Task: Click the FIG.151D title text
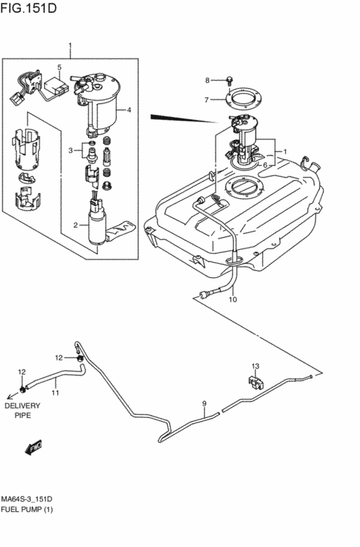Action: coord(29,8)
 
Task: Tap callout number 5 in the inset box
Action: coord(59,67)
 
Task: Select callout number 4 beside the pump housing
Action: coord(129,110)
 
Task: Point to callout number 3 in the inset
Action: coord(71,150)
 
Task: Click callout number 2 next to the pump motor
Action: coord(76,225)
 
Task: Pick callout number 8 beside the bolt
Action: coord(207,81)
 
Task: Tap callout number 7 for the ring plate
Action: coord(207,100)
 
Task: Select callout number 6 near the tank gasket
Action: coord(265,165)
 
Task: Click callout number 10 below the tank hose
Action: coord(233,299)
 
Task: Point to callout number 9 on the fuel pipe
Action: coord(204,404)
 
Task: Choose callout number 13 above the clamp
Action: coord(256,366)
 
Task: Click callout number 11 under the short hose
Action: coord(55,393)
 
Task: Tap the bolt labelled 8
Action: coord(230,81)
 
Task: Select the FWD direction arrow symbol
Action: coord(34,447)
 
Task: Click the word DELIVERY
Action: coord(22,406)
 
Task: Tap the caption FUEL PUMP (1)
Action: coord(27,510)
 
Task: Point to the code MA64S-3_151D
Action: coord(27,499)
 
